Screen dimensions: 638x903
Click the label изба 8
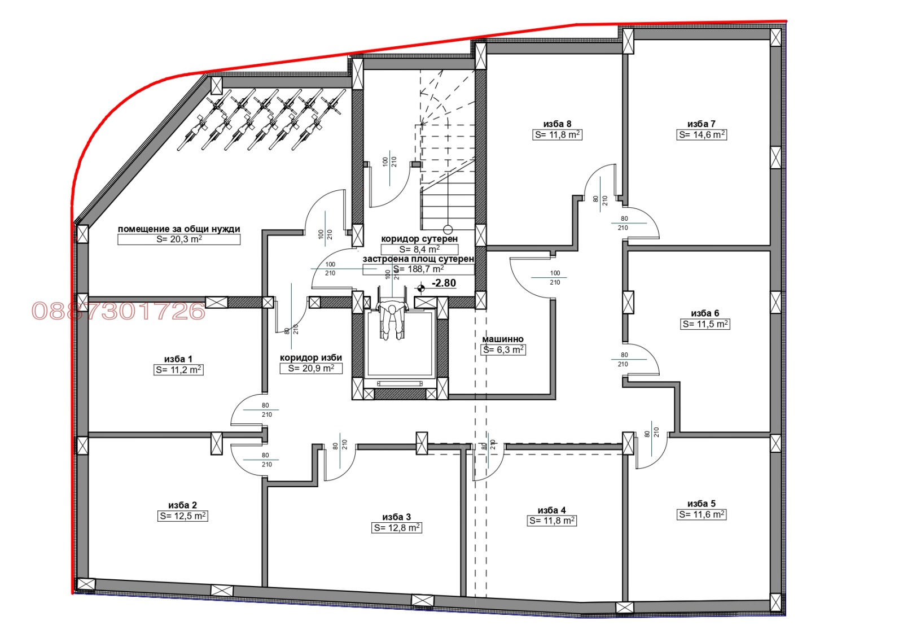557,124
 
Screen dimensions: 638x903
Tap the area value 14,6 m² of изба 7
702,135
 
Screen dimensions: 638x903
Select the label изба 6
705,313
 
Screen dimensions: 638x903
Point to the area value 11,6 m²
702,514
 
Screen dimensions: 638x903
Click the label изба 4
551,510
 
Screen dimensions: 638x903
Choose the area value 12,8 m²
397,528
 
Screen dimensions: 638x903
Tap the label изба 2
182,505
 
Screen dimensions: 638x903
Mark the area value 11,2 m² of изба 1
178,370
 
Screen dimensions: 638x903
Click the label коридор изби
311,357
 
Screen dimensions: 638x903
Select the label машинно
503,339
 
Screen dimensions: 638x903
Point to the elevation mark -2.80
444,283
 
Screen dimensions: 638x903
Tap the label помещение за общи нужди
179,229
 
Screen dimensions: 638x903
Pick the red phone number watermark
119,311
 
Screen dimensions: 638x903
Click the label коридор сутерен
419,239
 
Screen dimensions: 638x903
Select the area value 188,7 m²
418,269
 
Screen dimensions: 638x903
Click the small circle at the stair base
448,229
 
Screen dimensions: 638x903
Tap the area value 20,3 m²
179,239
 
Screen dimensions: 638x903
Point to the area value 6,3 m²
503,350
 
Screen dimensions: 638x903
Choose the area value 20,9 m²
311,368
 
